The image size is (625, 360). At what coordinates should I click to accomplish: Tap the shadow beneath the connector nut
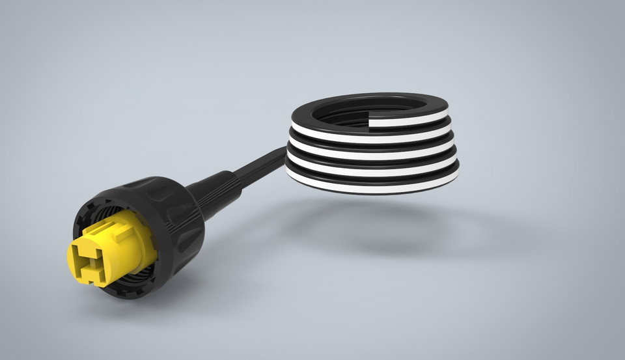point(195,286)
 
